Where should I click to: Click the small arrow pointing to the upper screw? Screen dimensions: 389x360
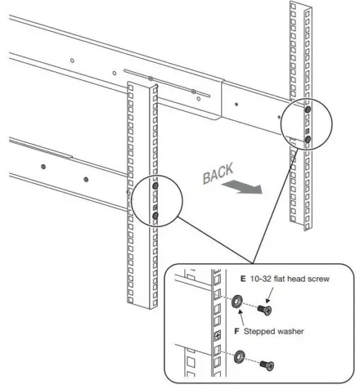pos(271,291)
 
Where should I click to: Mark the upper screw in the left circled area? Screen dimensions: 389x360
pos(155,186)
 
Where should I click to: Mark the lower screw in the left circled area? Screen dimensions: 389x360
pos(155,216)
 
